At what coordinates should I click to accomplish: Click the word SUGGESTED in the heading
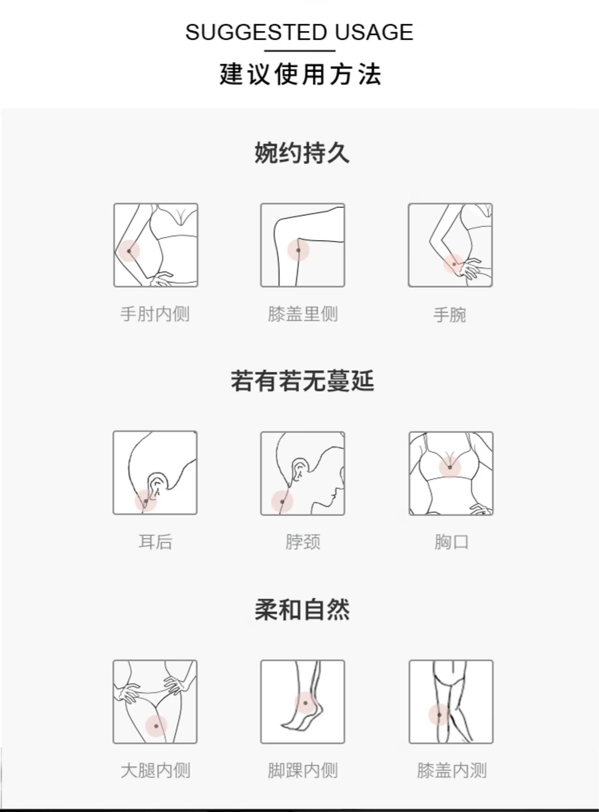pyautogui.click(x=256, y=32)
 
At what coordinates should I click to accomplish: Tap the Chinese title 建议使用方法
pyautogui.click(x=300, y=74)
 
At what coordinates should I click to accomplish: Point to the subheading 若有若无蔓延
pyautogui.click(x=302, y=381)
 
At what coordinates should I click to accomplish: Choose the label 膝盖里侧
pyautogui.click(x=303, y=314)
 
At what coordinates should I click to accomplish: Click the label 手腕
pyautogui.click(x=450, y=315)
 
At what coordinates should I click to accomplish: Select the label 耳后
pyautogui.click(x=155, y=542)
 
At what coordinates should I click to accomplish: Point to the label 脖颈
pyautogui.click(x=303, y=542)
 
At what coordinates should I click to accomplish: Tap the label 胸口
pyautogui.click(x=451, y=542)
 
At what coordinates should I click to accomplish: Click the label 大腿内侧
pyautogui.click(x=155, y=770)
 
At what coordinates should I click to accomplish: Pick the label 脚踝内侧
pyautogui.click(x=303, y=770)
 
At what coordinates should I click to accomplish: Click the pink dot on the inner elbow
pyautogui.click(x=129, y=251)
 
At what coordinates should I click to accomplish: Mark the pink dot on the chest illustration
pyautogui.click(x=450, y=467)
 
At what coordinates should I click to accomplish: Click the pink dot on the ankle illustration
pyautogui.click(x=305, y=703)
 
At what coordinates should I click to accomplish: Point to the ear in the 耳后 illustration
pyautogui.click(x=157, y=485)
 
